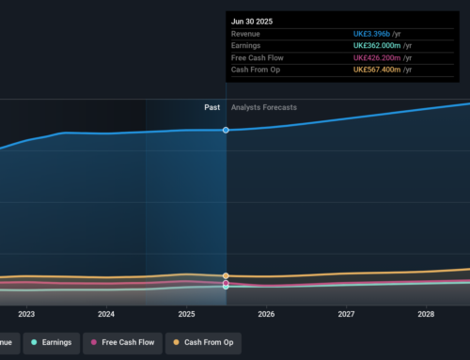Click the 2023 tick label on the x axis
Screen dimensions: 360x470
(25, 314)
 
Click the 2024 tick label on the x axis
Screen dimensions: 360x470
(106, 314)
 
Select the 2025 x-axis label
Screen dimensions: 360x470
(186, 314)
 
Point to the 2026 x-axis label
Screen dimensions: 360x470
(266, 314)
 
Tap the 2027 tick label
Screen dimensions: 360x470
(346, 314)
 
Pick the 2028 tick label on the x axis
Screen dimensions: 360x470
(426, 314)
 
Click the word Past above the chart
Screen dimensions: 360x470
(212, 107)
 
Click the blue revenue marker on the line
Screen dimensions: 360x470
(227, 130)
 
